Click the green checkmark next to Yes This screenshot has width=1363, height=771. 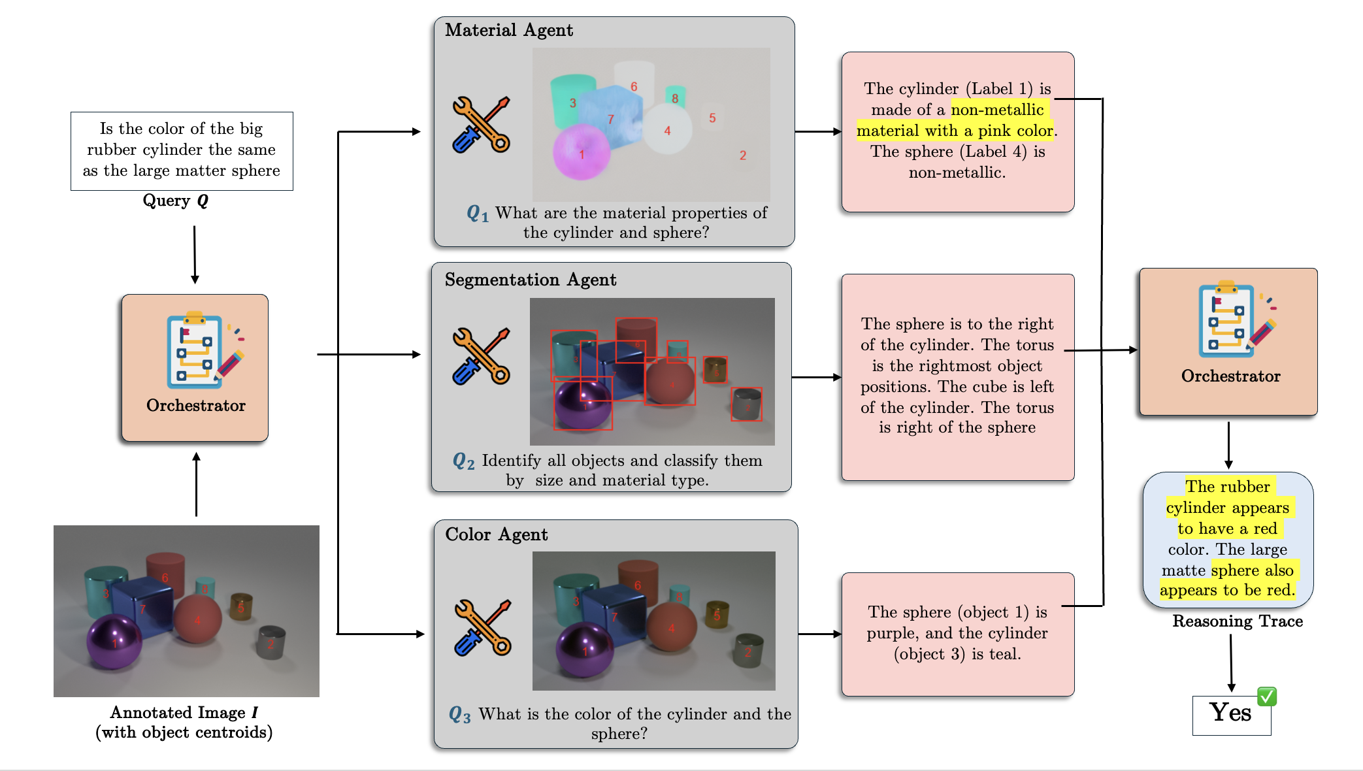(1266, 697)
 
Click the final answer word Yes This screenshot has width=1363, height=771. (1230, 713)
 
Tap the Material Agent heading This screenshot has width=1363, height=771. (509, 31)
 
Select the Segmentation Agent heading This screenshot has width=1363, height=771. (530, 280)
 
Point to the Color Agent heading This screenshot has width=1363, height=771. (496, 535)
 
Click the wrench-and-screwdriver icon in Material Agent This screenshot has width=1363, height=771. (481, 125)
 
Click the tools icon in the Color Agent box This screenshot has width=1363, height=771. (482, 627)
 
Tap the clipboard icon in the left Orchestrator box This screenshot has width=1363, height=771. (196, 350)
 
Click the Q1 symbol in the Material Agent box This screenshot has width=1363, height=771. (477, 214)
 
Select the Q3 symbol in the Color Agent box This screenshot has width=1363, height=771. (459, 715)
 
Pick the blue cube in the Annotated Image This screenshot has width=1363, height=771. (142, 605)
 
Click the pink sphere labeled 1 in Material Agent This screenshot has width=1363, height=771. (581, 154)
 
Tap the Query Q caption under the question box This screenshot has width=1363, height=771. (175, 201)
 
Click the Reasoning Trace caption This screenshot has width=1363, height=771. (1237, 621)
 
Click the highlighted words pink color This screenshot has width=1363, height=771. (1014, 131)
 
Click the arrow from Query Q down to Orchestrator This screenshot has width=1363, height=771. (195, 255)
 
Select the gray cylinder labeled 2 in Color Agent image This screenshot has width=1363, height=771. (748, 649)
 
